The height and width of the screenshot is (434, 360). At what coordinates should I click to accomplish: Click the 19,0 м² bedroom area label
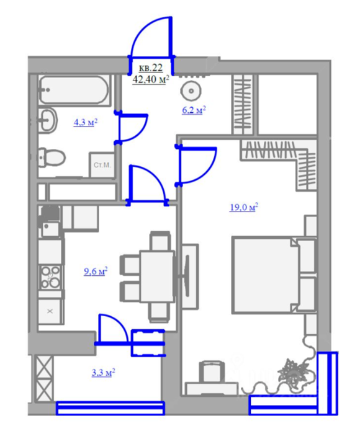[x=244, y=207]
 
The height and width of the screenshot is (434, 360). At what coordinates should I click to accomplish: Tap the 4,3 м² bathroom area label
[x=86, y=122]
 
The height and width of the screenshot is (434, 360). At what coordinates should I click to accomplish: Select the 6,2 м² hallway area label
[x=194, y=110]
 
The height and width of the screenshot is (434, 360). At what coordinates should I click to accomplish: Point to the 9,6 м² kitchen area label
[x=96, y=272]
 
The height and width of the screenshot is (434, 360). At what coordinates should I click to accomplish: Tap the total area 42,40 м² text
[x=151, y=79]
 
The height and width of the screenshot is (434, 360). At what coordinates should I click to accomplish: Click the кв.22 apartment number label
[x=150, y=68]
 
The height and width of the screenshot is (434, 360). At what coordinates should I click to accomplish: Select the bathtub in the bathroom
[x=74, y=90]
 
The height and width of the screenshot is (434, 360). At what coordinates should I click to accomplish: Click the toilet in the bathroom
[x=52, y=157]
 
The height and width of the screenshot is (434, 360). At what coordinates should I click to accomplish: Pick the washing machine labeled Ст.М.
[x=102, y=165]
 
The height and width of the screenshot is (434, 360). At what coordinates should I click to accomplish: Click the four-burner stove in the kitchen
[x=50, y=277]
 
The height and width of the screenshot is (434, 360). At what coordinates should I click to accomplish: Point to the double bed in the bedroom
[x=274, y=275]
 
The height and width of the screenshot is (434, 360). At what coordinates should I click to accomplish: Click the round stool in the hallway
[x=191, y=91]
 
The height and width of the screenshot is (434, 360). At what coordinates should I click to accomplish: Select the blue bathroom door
[x=132, y=127]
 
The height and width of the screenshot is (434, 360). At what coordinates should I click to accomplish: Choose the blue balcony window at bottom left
[x=110, y=408]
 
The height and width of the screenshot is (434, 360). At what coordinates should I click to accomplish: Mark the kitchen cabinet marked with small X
[x=50, y=311]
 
